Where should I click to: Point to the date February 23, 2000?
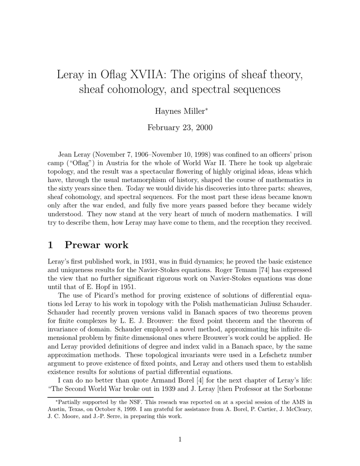pos(180,127)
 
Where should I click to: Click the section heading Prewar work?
pos(96,245)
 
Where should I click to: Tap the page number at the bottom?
pos(180,439)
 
